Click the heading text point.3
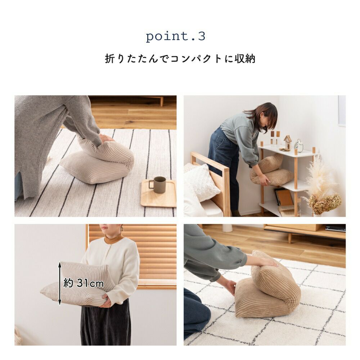tap(176, 36)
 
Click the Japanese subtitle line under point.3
tap(180, 59)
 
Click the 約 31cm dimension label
tap(84, 283)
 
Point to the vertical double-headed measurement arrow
tap(60, 283)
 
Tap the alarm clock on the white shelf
tap(299, 145)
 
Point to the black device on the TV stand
tap(336, 228)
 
